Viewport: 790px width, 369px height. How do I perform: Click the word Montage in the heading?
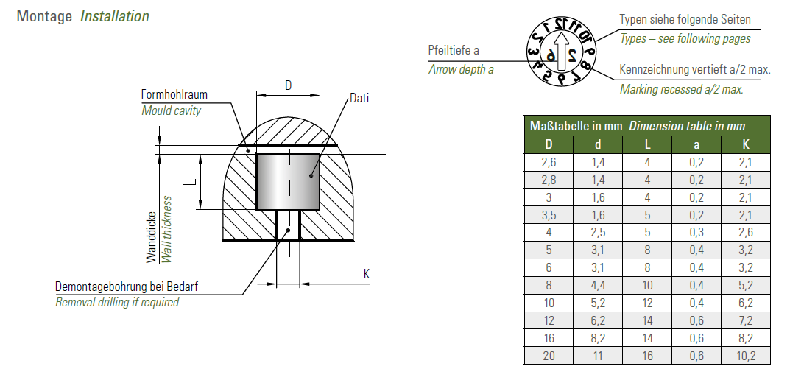(x=44, y=16)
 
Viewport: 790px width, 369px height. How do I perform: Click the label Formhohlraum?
(x=174, y=94)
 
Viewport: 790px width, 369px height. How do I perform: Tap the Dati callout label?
(x=359, y=98)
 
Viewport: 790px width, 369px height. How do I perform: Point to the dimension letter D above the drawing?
(x=288, y=85)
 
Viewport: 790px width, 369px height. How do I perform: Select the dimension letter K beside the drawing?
(x=366, y=274)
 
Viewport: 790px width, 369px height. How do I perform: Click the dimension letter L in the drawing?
(x=189, y=181)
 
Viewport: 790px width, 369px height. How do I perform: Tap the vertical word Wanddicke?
(x=152, y=237)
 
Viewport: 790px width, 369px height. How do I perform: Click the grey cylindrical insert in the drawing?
(x=288, y=181)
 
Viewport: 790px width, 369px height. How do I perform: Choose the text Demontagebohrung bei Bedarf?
(x=127, y=287)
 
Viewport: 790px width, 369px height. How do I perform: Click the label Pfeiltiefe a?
(x=454, y=50)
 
